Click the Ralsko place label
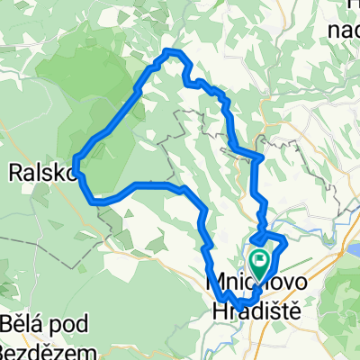(x=37, y=171)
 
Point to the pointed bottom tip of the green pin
(x=260, y=277)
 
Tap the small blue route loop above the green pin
(x=269, y=240)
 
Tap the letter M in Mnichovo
(x=216, y=283)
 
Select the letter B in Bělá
(x=8, y=322)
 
